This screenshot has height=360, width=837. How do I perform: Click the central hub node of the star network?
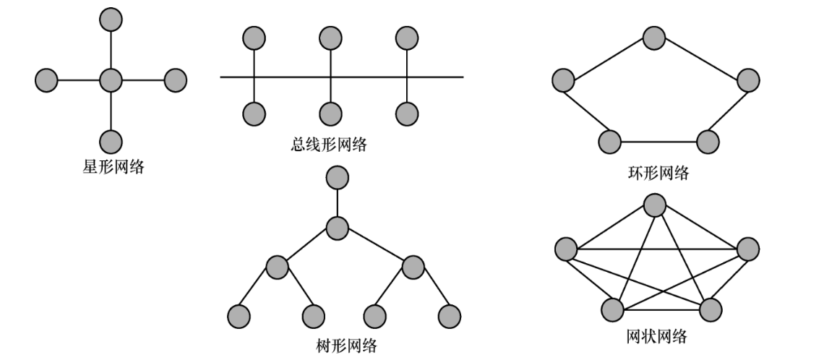click(x=110, y=80)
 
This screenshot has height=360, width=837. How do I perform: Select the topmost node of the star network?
click(x=110, y=19)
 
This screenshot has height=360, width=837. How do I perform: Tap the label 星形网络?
click(x=113, y=168)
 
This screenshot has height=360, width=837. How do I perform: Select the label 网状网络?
click(x=656, y=336)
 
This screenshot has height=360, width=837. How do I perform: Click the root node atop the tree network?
click(x=338, y=177)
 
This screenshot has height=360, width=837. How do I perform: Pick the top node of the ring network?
click(x=654, y=38)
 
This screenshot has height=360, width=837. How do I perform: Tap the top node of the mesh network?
click(x=655, y=205)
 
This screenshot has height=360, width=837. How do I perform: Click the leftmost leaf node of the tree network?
click(x=239, y=316)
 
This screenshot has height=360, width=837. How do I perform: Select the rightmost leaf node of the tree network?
click(x=449, y=316)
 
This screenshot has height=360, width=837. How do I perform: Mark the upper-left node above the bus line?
click(x=254, y=38)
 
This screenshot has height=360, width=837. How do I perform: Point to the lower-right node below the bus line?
click(x=407, y=113)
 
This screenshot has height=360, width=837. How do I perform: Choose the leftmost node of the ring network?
click(x=563, y=80)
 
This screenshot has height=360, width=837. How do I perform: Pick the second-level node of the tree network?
click(x=338, y=228)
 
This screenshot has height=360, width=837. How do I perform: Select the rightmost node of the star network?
click(x=176, y=80)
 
